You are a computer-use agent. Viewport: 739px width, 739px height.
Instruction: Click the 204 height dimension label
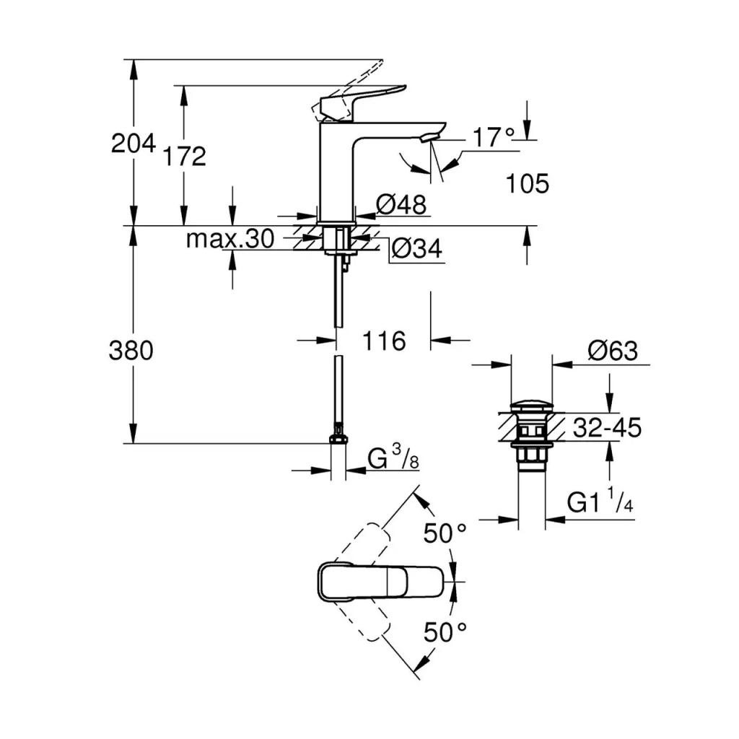tap(133, 144)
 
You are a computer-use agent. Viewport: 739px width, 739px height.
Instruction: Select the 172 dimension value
tap(185, 156)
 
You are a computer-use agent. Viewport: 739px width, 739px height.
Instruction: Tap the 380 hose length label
tap(131, 351)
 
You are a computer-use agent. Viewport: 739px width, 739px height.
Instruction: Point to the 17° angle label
tap(494, 137)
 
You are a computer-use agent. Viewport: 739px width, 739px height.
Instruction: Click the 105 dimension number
tap(527, 184)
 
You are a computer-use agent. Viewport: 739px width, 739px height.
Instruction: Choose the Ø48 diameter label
tap(401, 205)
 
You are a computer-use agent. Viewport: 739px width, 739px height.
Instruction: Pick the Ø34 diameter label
tap(416, 249)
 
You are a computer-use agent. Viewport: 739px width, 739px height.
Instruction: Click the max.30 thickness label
tap(229, 239)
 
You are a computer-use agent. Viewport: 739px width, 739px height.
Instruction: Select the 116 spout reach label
tap(383, 341)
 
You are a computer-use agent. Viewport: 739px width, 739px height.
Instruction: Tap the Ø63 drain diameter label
tap(612, 351)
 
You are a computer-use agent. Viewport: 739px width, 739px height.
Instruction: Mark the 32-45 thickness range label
tap(607, 428)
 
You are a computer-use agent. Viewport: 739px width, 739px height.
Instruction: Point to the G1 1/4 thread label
tap(600, 502)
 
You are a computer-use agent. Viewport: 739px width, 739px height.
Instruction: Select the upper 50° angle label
tap(445, 533)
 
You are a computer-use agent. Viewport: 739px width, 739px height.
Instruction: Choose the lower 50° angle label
tap(445, 632)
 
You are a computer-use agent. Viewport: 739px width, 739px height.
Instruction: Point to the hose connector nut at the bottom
tap(338, 440)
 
